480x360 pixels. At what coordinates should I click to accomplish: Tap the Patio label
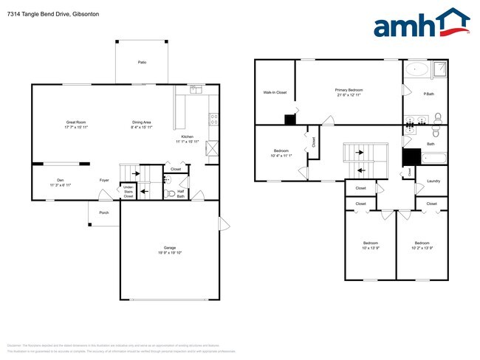(142, 63)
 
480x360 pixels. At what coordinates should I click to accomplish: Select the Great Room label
(77, 125)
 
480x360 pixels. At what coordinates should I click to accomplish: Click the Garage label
(170, 248)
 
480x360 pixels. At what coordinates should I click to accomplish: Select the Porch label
(104, 212)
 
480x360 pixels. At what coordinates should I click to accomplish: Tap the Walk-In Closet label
(275, 92)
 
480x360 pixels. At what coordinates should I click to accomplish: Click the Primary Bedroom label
(349, 91)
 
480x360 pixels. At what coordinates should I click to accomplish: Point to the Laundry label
(433, 181)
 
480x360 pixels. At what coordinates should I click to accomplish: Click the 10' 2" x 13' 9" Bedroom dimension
(422, 249)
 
